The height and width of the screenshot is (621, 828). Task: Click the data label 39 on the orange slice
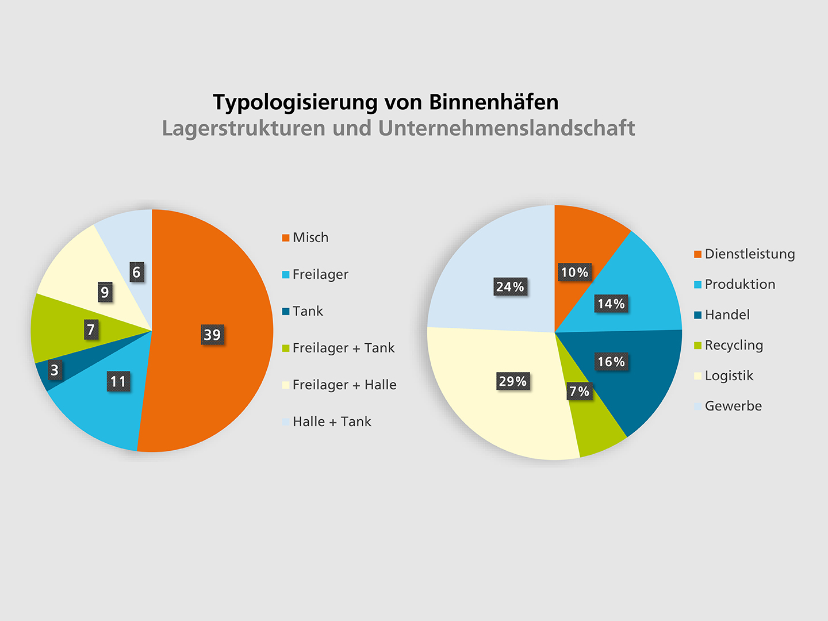[x=212, y=335]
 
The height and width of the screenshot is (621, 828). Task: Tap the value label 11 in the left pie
[x=118, y=381]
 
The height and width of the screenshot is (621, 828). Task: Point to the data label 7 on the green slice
[x=90, y=330]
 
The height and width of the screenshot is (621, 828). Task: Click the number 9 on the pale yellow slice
[x=105, y=293]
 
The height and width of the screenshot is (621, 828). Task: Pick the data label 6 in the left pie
[x=136, y=272]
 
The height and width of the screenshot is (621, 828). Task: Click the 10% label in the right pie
[x=574, y=273]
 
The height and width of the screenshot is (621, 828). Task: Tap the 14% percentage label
[x=611, y=304]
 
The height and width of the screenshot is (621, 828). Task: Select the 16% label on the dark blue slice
[x=611, y=362]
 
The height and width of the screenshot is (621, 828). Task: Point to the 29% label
[x=512, y=381]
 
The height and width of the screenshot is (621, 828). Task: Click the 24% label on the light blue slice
[x=510, y=286]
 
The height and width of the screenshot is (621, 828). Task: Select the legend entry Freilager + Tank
[x=343, y=348]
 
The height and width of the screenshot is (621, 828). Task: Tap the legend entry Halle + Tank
[x=332, y=421]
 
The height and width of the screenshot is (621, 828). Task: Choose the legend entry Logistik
[x=729, y=376]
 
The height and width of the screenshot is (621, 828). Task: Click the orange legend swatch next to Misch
[x=286, y=238]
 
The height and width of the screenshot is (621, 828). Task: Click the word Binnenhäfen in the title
[x=493, y=102]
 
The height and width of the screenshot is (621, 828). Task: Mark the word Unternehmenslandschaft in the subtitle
[x=506, y=128]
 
